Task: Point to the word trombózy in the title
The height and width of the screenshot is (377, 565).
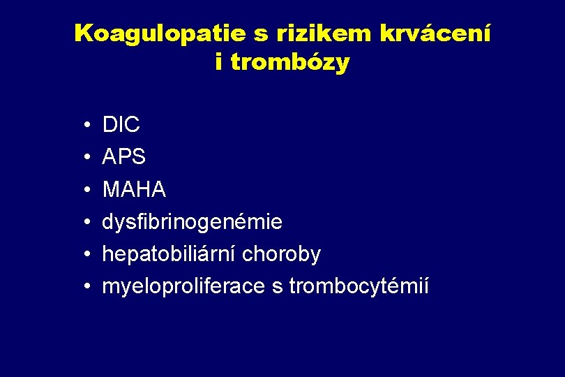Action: (289, 62)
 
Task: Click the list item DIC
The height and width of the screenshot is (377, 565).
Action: (121, 126)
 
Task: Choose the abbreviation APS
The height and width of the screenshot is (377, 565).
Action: (124, 158)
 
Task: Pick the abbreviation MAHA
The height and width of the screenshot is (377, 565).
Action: (134, 190)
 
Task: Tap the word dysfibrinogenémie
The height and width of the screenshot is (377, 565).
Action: (193, 223)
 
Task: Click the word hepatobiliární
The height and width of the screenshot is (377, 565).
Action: (169, 255)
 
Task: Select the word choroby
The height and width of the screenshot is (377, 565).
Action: (282, 255)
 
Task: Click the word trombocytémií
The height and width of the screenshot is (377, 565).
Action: (359, 287)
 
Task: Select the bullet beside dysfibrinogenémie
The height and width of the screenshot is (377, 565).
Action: (84, 223)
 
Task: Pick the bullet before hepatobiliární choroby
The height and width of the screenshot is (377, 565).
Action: (84, 255)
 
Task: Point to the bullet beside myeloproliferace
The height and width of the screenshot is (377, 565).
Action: (84, 287)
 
